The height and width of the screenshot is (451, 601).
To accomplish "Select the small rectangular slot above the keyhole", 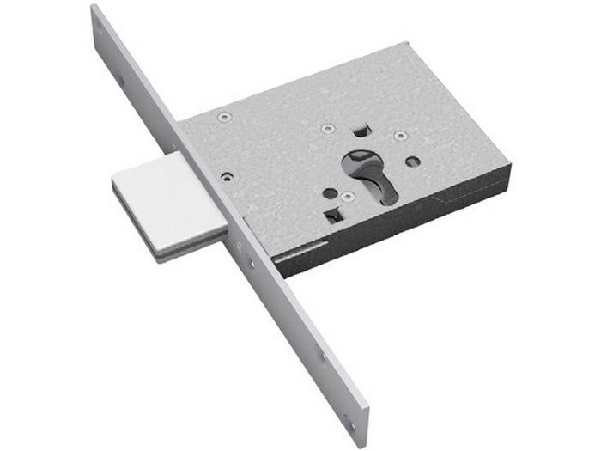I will (359, 131).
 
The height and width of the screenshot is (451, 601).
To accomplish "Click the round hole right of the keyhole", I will (414, 162).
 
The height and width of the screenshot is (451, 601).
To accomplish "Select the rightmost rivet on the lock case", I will (398, 135).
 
